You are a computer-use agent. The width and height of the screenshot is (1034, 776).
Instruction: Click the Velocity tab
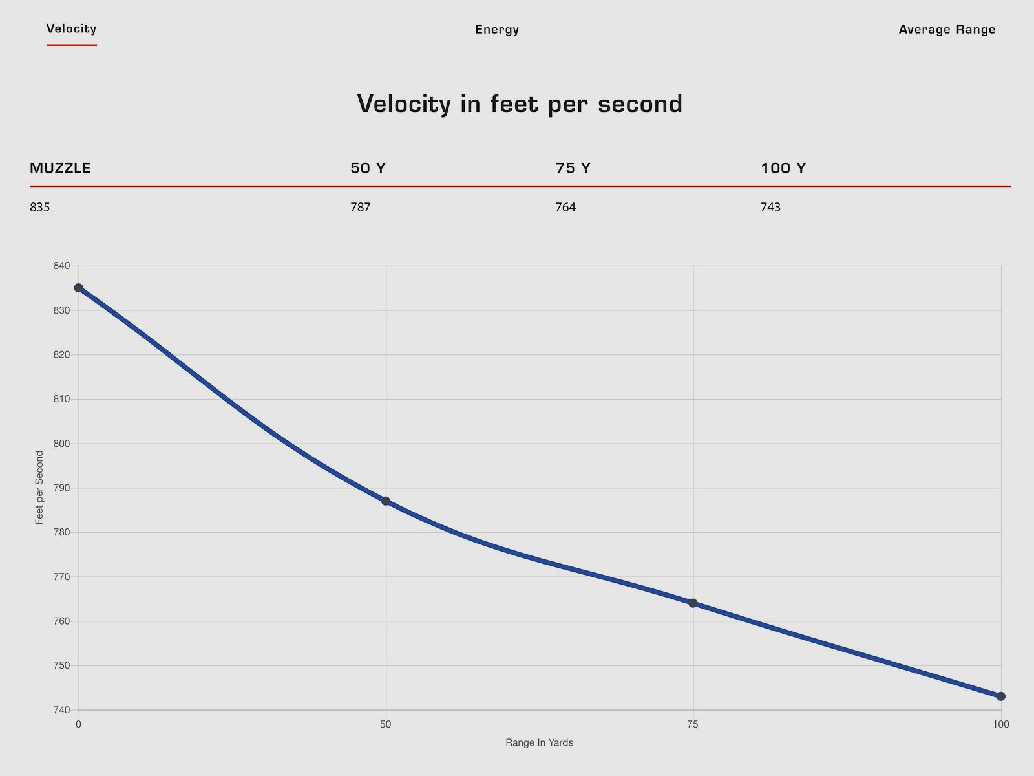pyautogui.click(x=71, y=28)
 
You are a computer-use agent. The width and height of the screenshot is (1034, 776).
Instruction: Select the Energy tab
pyautogui.click(x=496, y=29)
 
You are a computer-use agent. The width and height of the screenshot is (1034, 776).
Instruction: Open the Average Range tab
pyautogui.click(x=947, y=29)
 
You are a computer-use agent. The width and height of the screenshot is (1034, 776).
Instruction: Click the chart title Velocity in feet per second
pyautogui.click(x=520, y=104)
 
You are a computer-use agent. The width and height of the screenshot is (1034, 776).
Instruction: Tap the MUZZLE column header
pyautogui.click(x=60, y=168)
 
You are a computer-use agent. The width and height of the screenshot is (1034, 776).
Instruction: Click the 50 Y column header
pyautogui.click(x=368, y=168)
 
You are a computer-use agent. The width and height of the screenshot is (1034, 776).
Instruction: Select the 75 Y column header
pyautogui.click(x=573, y=168)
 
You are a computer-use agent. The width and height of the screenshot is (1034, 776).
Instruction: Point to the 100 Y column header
pyautogui.click(x=783, y=168)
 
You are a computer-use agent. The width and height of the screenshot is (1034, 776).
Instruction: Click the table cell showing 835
pyautogui.click(x=40, y=208)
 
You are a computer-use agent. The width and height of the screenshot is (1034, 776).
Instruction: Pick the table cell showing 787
pyautogui.click(x=361, y=208)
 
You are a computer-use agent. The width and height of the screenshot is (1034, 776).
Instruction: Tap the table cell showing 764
pyautogui.click(x=565, y=208)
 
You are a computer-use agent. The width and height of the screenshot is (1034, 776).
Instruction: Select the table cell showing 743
pyautogui.click(x=770, y=208)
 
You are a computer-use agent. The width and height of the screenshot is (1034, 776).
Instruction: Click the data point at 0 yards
pyautogui.click(x=78, y=288)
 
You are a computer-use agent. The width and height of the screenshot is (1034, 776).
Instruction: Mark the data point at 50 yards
pyautogui.click(x=386, y=501)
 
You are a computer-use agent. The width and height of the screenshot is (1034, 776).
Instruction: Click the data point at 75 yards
pyautogui.click(x=693, y=603)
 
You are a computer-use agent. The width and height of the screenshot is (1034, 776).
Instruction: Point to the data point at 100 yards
pyautogui.click(x=1001, y=696)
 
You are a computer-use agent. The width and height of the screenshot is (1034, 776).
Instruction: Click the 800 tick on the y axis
pyautogui.click(x=61, y=444)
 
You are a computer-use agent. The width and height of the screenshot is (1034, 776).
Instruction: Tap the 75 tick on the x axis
pyautogui.click(x=693, y=724)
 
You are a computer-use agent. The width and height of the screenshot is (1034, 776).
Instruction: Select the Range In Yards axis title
pyautogui.click(x=539, y=743)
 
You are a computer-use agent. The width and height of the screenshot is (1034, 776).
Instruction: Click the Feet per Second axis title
pyautogui.click(x=39, y=488)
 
